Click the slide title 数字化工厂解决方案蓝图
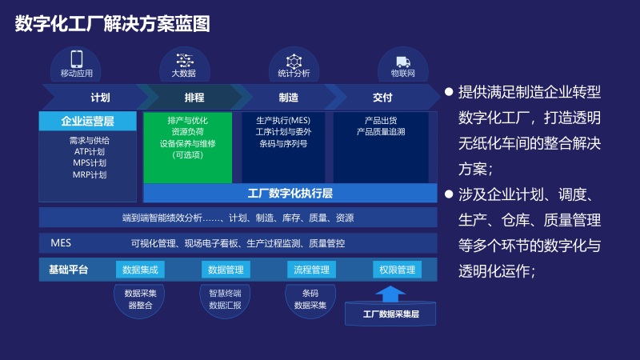click(112, 25)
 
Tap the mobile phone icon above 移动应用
click(77, 59)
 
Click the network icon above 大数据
click(185, 60)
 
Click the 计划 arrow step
click(99, 98)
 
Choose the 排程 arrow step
click(194, 98)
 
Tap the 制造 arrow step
click(289, 98)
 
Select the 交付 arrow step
click(382, 98)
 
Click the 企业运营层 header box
click(87, 122)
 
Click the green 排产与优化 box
click(187, 147)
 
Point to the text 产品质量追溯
click(381, 131)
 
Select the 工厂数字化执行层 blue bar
click(290, 194)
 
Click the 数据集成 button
click(140, 270)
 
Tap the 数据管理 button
click(226, 270)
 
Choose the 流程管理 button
click(311, 270)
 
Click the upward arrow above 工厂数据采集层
click(391, 293)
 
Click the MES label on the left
click(61, 242)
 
